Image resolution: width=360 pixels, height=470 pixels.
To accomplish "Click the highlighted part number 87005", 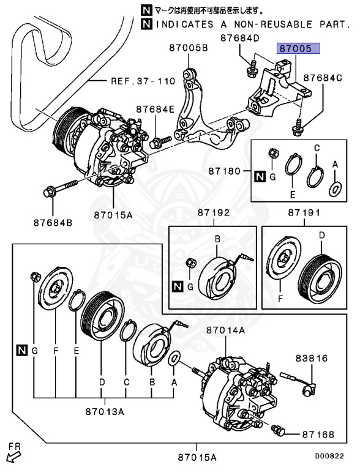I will pos(296,48).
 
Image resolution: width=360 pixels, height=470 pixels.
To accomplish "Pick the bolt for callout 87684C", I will pos(297,127).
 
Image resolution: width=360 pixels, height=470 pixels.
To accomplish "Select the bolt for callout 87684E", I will pos(158,143).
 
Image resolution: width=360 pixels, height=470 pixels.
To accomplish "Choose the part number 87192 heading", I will pos(212,214).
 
